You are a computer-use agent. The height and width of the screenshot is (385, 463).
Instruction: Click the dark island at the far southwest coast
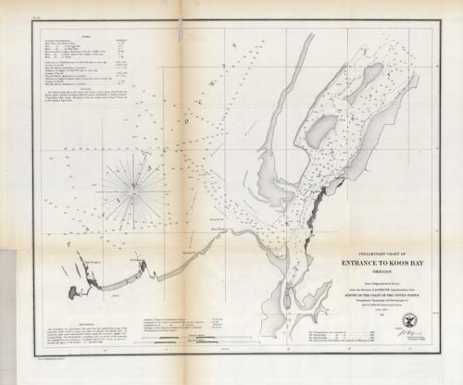coord(74,293)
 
